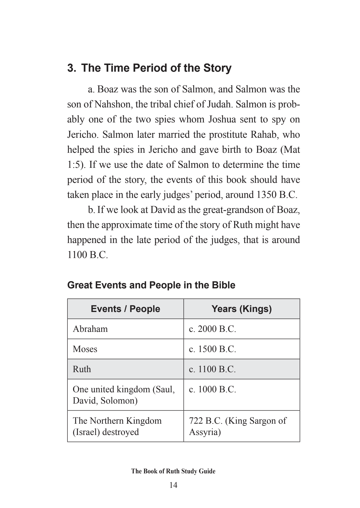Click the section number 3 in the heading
[70, 68]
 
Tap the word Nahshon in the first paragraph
[112, 104]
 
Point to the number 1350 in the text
[266, 195]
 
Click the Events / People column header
[125, 309]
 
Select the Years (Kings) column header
[242, 309]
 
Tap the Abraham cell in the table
[90, 329]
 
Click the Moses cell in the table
[85, 349]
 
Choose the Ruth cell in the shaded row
[82, 369]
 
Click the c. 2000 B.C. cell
[213, 329]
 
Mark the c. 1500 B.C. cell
[213, 349]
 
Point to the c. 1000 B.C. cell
[213, 389]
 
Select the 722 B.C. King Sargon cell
[238, 426]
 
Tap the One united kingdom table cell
[124, 395]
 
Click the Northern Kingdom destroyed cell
[117, 426]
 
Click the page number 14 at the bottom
[173, 485]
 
